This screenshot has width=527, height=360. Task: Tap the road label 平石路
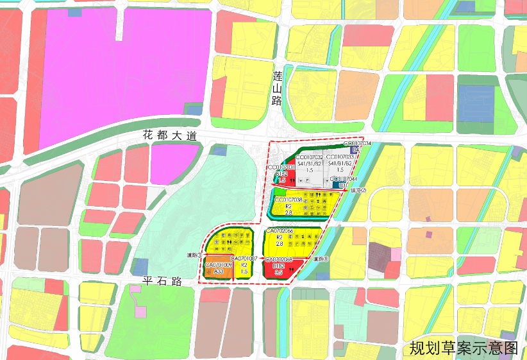tap(163, 281)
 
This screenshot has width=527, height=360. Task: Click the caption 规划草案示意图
tap(463, 348)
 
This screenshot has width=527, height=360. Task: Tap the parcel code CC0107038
tap(288, 200)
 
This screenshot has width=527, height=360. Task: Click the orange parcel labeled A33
tap(218, 272)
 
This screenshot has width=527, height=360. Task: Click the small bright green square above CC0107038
tap(280, 191)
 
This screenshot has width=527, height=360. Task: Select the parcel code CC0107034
tap(357, 144)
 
